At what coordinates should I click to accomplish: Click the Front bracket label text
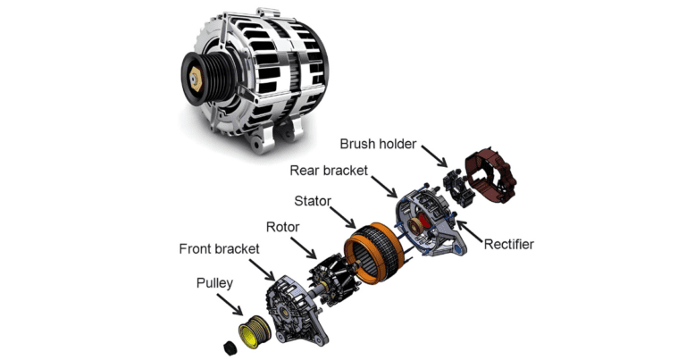[219, 249]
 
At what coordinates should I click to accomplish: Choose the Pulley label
[216, 284]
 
